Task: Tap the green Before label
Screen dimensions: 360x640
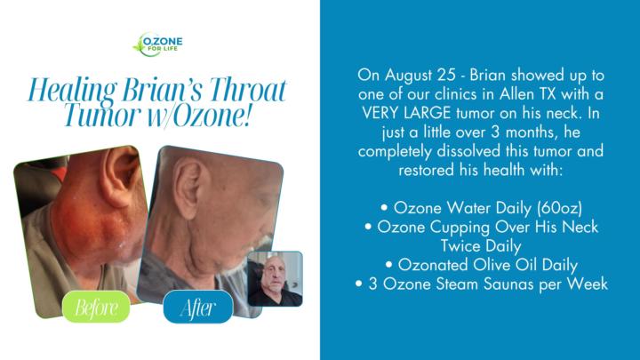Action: coord(97,308)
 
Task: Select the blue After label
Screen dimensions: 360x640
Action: coord(197,308)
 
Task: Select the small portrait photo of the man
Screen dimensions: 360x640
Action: coord(275,278)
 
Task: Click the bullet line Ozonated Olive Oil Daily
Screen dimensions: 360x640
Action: coord(481,265)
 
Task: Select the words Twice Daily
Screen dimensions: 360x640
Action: coord(480,246)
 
